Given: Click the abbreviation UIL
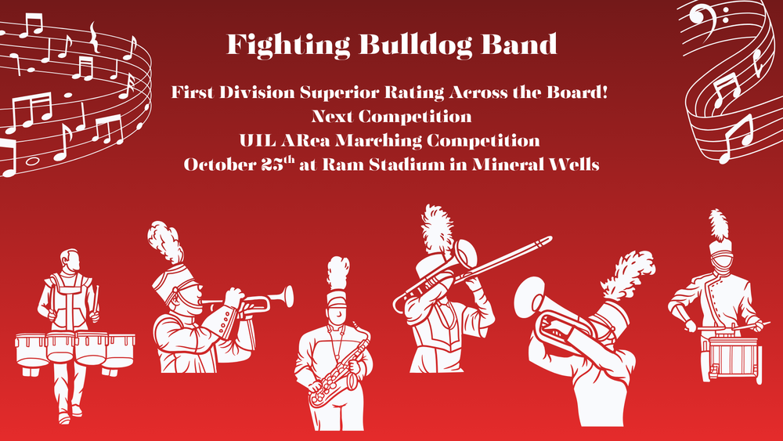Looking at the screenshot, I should pos(255,142).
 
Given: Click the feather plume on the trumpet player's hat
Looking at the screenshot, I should pos(166,242).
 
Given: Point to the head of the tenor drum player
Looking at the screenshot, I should pos(70,260).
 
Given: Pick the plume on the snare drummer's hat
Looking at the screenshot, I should pos(718,225).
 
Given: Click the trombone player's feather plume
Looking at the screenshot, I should pos(435,226).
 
